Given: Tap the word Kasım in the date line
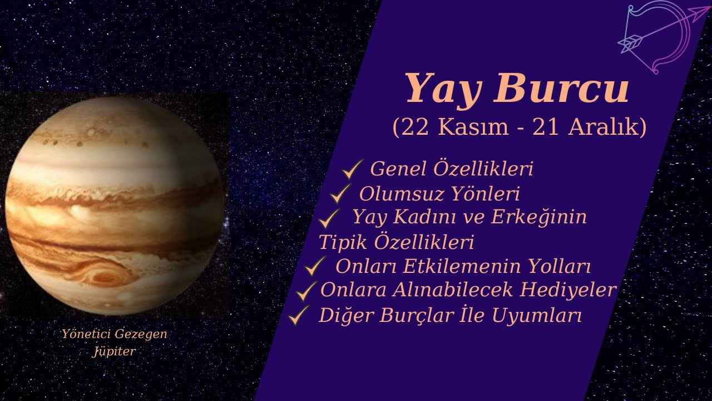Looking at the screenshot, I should click(x=478, y=128).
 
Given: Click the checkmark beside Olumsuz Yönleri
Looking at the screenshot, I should click(x=340, y=194).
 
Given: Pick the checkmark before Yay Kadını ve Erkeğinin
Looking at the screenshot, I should click(x=329, y=217).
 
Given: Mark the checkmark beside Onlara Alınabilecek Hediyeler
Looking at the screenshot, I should click(x=306, y=290).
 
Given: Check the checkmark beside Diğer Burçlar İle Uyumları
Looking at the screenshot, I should click(x=299, y=316).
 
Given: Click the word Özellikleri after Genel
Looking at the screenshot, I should click(x=482, y=168).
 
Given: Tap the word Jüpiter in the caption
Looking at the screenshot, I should click(x=114, y=351).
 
